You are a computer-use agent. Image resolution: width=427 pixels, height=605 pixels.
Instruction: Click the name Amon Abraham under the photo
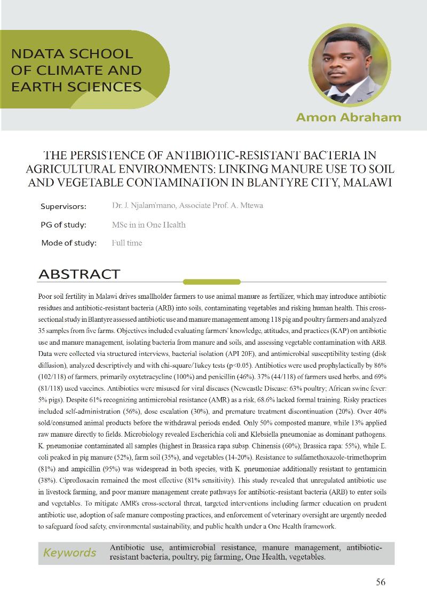pyautogui.click(x=349, y=117)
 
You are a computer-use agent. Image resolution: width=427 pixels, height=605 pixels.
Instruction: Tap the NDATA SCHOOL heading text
pyautogui.click(x=72, y=54)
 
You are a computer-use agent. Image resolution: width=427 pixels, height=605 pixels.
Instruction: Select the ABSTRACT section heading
pyautogui.click(x=79, y=275)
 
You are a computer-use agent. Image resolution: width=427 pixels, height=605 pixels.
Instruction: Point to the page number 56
pyautogui.click(x=381, y=582)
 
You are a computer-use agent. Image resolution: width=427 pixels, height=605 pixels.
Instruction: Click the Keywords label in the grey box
pyautogui.click(x=70, y=553)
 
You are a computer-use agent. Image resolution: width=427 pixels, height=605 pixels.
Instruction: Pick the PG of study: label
pyautogui.click(x=64, y=225)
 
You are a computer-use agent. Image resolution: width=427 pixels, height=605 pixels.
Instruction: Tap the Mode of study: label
pyautogui.click(x=69, y=243)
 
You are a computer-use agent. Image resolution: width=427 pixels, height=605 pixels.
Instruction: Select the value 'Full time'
pyautogui.click(x=127, y=243)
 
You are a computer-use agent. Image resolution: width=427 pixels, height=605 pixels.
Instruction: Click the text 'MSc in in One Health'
pyautogui.click(x=149, y=225)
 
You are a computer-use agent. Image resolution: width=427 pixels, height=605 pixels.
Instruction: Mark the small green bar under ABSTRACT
pyautogui.click(x=204, y=282)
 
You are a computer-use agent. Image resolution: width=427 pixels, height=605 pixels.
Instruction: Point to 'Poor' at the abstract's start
pyautogui.click(x=46, y=297)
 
